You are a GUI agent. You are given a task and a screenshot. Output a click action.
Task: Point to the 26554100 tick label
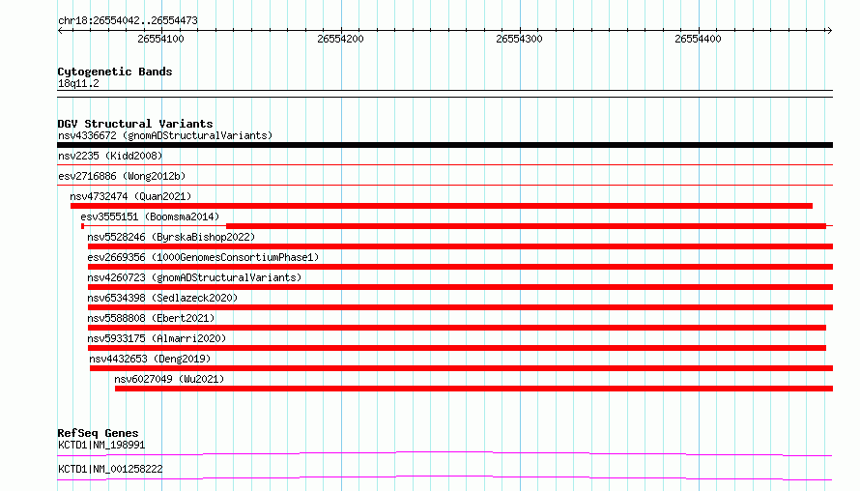coord(160,39)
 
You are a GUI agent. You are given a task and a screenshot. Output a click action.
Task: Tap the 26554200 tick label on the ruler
coord(340,39)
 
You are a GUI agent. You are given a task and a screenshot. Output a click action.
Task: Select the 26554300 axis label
coord(519,39)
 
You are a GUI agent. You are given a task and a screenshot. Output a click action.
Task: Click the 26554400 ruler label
coord(698,39)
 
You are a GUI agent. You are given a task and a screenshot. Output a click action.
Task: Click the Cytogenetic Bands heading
coord(115,72)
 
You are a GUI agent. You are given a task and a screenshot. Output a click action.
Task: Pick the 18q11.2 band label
coord(78,83)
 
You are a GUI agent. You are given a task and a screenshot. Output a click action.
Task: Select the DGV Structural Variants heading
coord(135,124)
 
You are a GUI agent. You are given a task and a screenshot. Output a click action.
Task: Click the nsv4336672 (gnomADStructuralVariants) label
coord(165,135)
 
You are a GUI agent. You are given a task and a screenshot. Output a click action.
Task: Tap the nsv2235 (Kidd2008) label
coord(110,156)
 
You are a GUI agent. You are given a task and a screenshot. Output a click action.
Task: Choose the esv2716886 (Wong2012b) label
coord(122,176)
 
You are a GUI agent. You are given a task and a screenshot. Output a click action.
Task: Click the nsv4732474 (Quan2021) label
coord(130,196)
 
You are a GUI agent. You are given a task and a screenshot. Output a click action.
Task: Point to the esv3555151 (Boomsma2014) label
coord(150,217)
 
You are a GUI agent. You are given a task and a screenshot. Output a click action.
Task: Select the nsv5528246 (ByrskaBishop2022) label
coord(171,237)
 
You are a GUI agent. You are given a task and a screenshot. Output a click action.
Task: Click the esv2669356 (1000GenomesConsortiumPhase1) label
coord(203,257)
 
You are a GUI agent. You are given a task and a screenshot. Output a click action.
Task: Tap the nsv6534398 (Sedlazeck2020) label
coord(162,298)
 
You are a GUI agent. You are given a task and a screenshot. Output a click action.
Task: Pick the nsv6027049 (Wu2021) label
coord(169,379)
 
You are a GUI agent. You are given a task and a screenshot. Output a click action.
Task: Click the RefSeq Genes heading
coord(98,433)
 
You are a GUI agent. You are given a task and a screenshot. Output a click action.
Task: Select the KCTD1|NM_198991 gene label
coord(101,445)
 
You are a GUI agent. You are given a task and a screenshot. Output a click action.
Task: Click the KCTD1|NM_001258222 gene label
coord(110,469)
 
